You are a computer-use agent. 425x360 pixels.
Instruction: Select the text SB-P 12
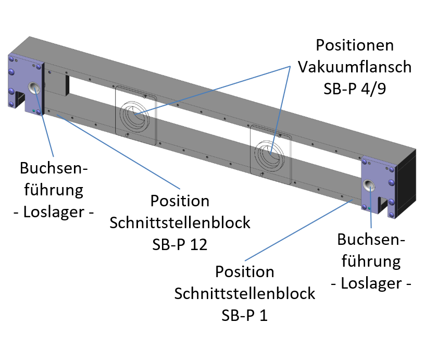[180, 244]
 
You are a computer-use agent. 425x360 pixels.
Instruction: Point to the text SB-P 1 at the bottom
[245, 315]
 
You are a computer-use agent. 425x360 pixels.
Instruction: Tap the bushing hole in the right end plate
[370, 186]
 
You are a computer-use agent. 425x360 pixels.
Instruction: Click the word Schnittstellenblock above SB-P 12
[180, 222]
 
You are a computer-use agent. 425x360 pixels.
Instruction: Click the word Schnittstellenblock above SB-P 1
[245, 293]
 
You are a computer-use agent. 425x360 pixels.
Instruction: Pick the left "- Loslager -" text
[52, 212]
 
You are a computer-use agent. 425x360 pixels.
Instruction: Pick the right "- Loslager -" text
[371, 284]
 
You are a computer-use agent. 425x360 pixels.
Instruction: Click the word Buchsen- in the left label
[52, 168]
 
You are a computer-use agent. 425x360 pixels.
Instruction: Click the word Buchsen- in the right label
[371, 240]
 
